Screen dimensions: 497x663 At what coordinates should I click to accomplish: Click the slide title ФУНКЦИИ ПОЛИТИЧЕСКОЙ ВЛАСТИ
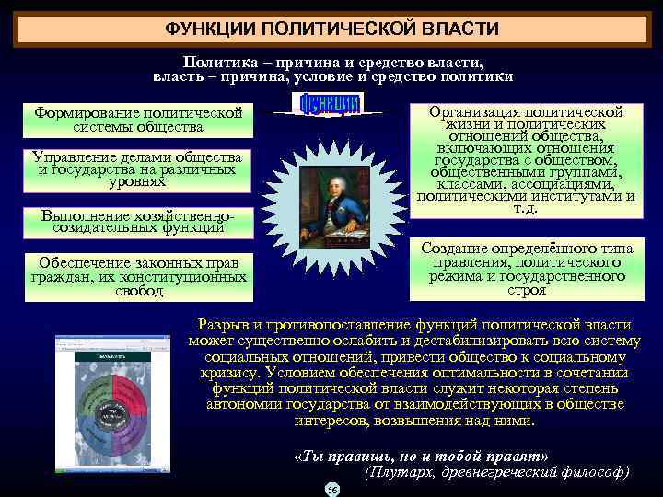point(331,29)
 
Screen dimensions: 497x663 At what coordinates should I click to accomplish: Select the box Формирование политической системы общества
point(138,120)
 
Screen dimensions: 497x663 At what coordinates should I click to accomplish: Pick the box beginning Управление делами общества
point(138,169)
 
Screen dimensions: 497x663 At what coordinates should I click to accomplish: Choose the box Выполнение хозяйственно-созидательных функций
point(138,221)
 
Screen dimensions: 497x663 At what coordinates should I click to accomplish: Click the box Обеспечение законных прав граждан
point(138,277)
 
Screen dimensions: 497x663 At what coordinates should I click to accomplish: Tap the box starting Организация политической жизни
point(526,160)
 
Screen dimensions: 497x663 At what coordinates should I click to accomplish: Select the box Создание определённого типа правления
point(526,269)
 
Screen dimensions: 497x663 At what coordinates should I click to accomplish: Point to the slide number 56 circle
point(332,490)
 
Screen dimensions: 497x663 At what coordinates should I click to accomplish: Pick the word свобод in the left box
point(138,292)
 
